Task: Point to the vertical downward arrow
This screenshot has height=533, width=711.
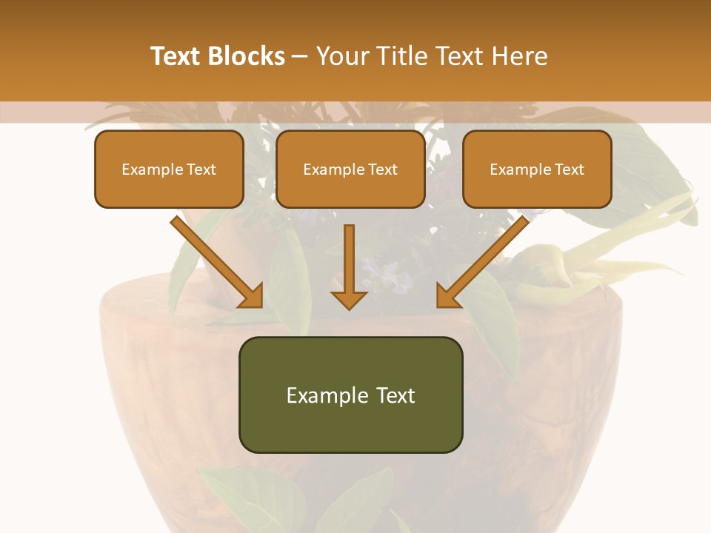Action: [349, 259]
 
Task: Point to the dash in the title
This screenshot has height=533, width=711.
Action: [300, 56]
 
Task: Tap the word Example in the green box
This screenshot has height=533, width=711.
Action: [324, 395]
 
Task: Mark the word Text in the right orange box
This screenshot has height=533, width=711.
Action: [569, 170]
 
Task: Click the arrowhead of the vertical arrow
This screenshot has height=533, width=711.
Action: [349, 300]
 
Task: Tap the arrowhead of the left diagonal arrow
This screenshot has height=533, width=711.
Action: [252, 295]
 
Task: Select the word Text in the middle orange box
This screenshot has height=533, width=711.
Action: [382, 170]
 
